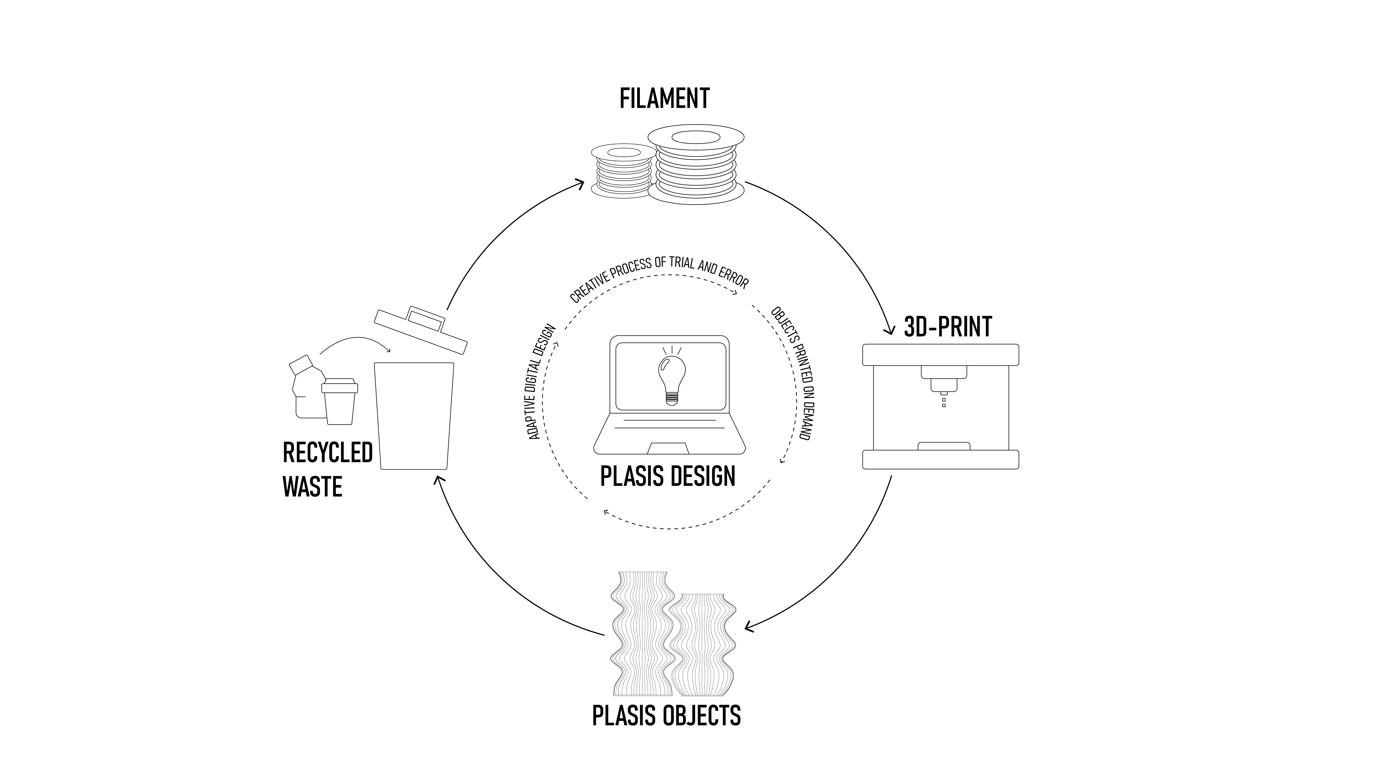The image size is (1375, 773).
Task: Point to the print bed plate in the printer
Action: coord(943,446)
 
